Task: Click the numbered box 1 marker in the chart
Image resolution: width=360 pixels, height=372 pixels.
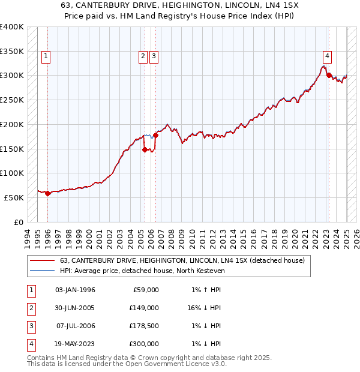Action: (x=46, y=57)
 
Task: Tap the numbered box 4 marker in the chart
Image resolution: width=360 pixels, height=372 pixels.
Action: (x=327, y=57)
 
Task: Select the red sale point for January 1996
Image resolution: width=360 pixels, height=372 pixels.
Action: (x=48, y=193)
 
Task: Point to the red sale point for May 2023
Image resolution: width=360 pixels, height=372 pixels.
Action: (x=329, y=75)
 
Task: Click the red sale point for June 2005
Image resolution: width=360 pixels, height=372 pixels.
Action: (x=145, y=149)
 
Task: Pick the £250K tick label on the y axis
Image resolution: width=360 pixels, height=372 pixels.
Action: (x=12, y=100)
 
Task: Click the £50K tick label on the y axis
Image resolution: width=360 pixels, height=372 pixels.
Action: (x=14, y=197)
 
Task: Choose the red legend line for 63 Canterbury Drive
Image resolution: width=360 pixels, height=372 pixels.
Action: (x=41, y=260)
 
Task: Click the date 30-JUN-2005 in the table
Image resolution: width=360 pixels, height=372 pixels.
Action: (x=75, y=307)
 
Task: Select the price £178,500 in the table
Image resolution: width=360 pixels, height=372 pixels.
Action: (x=142, y=325)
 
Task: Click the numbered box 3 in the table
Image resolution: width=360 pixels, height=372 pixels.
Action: (x=30, y=325)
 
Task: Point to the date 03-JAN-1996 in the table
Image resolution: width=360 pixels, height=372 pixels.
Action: (x=75, y=289)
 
